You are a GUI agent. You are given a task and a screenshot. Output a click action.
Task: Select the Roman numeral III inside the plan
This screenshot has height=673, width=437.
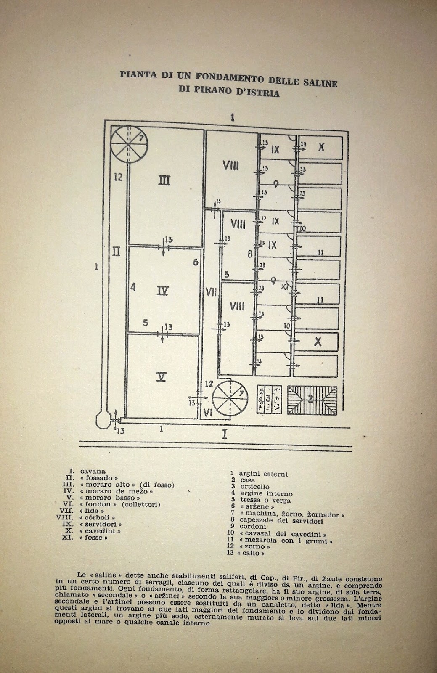[164, 180]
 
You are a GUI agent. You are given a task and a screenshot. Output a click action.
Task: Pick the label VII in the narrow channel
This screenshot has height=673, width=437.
[211, 291]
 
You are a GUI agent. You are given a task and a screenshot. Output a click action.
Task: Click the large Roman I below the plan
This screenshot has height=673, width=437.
[224, 434]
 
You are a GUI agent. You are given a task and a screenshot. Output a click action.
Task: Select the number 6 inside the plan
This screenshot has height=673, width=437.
[196, 262]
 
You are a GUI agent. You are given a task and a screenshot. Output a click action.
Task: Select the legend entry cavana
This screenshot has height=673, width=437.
[93, 471]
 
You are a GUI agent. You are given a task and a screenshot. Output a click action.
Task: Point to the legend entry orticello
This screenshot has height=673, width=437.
[254, 487]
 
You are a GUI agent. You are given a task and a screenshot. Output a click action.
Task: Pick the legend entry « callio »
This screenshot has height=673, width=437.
[252, 553]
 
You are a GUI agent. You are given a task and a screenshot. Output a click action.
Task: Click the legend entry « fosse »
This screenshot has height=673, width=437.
[91, 538]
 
